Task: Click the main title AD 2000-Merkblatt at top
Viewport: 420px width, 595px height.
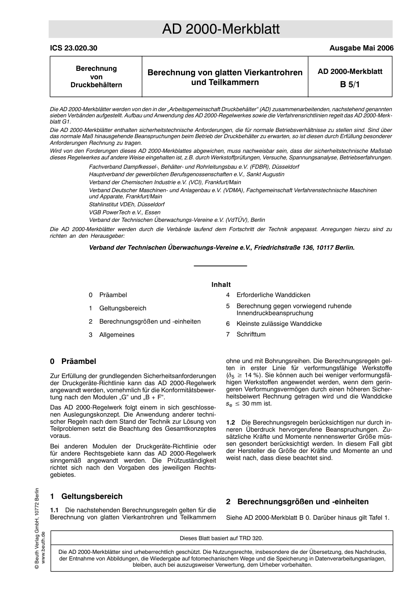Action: point(221,29)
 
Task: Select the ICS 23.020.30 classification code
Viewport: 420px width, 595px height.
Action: point(73,48)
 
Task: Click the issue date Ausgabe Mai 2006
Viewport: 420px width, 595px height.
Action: point(361,48)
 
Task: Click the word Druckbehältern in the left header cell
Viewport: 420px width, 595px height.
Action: point(96,85)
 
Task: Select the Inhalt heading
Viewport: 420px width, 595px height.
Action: point(221,285)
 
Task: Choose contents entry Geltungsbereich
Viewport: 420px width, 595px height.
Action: point(122,308)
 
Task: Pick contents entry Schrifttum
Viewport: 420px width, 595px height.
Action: point(251,334)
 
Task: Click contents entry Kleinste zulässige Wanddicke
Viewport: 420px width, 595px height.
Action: point(279,324)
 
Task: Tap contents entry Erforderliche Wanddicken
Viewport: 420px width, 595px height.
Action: point(273,295)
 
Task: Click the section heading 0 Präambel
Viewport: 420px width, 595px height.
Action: point(73,361)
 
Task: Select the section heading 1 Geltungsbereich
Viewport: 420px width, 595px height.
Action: point(86,496)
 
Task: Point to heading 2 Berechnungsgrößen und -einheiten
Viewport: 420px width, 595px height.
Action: point(297,502)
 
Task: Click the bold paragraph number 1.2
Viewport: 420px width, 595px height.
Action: point(230,423)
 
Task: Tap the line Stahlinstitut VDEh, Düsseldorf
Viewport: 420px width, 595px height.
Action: point(126,205)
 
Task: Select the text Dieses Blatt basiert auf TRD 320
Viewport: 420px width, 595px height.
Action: point(221,538)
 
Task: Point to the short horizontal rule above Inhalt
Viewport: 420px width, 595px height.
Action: point(220,266)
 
